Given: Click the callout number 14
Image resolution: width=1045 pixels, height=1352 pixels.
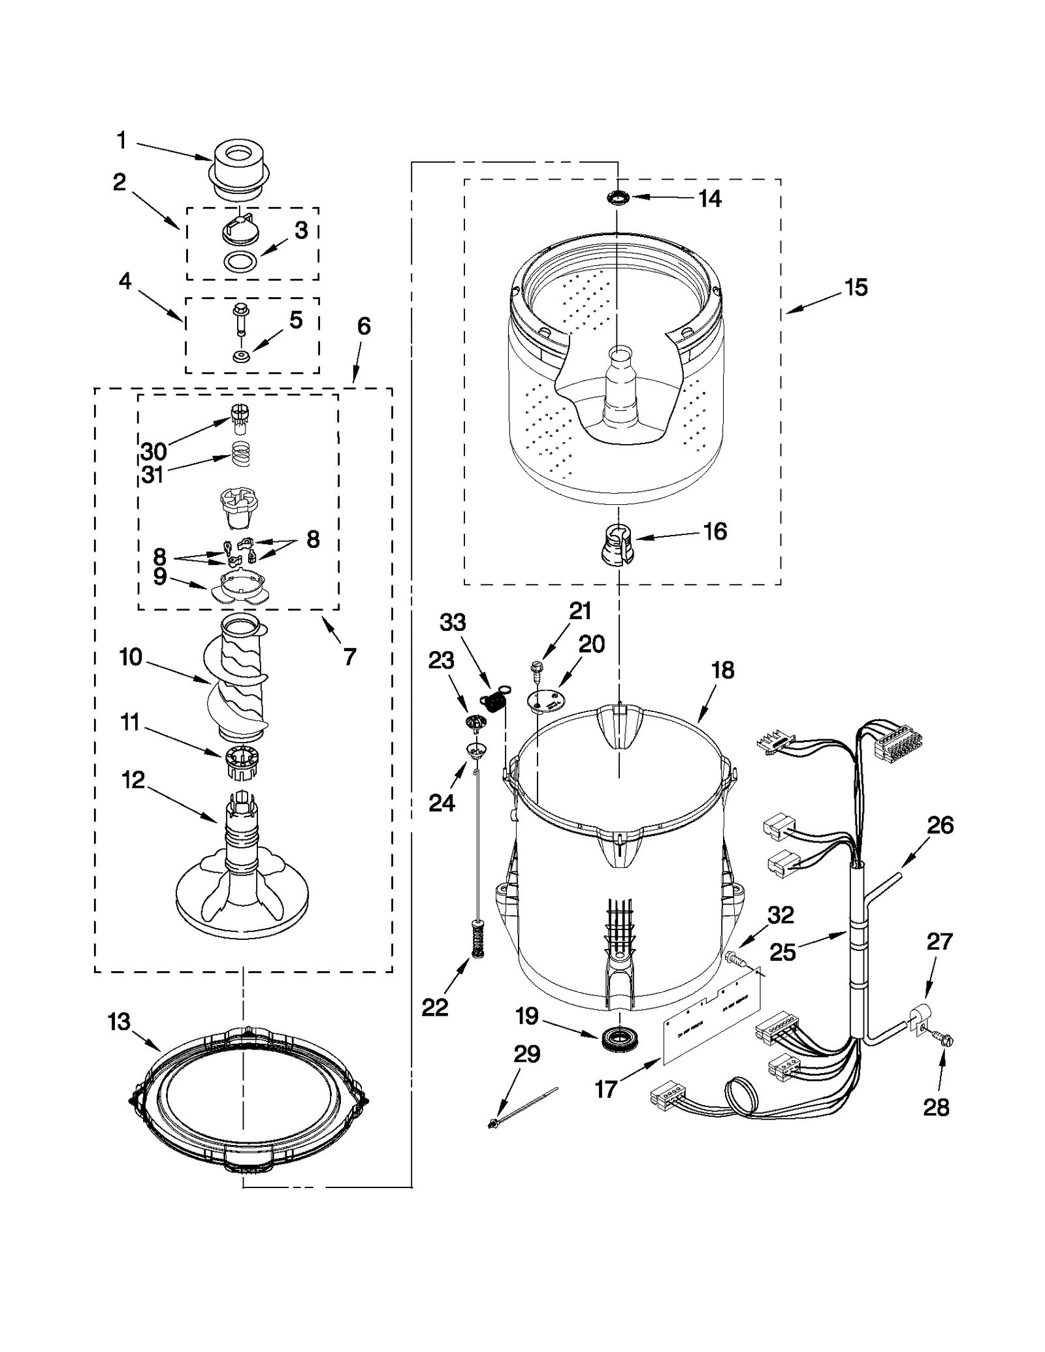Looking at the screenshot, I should (x=710, y=199).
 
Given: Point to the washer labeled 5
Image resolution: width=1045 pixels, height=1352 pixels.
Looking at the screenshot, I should (x=241, y=356).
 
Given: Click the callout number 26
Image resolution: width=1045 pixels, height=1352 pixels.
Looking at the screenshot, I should (x=940, y=825).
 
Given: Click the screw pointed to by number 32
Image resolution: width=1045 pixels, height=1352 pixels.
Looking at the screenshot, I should (x=735, y=959).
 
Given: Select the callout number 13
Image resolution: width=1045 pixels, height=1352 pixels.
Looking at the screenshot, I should (x=119, y=1022).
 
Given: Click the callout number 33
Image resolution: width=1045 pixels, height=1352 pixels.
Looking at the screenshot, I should (x=453, y=622).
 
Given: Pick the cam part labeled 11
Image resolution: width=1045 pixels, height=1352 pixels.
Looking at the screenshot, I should (x=242, y=761).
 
